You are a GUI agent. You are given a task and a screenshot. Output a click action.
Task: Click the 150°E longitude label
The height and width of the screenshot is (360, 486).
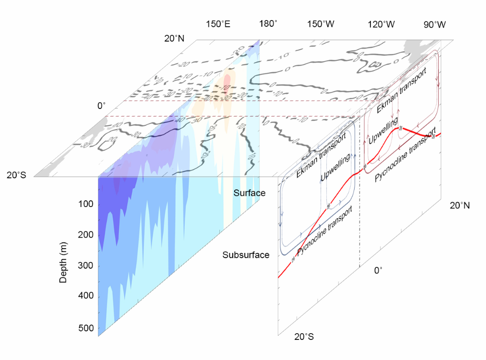tap(218, 24)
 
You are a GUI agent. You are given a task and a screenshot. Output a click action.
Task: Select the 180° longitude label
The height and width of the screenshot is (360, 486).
tap(268, 24)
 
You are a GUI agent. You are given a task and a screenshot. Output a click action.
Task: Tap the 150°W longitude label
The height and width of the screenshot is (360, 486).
tap(321, 24)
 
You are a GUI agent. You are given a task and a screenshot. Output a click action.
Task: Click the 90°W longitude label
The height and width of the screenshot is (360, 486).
tap(434, 24)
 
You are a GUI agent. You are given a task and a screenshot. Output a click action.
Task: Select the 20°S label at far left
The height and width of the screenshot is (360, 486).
tap(19, 175)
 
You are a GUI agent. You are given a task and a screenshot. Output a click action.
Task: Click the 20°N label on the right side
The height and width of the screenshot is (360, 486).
tap(459, 206)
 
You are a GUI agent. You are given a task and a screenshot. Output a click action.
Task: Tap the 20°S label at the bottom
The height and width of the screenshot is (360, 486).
tap(304, 337)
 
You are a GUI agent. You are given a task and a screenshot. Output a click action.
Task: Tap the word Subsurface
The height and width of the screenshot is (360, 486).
tap(246, 255)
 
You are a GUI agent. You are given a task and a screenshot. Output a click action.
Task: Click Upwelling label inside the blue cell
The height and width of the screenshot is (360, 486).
tap(335, 168)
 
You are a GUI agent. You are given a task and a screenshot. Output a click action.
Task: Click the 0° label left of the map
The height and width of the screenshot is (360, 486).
tap(101, 106)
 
